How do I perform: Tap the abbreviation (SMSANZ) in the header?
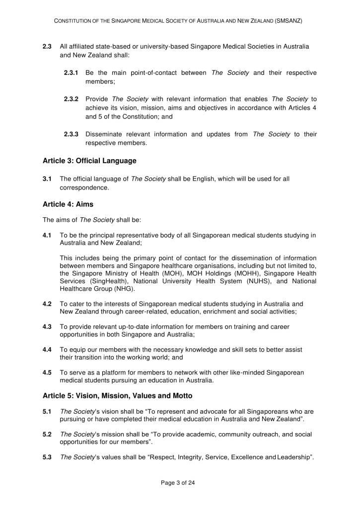pyautogui.click(x=288, y=21)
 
